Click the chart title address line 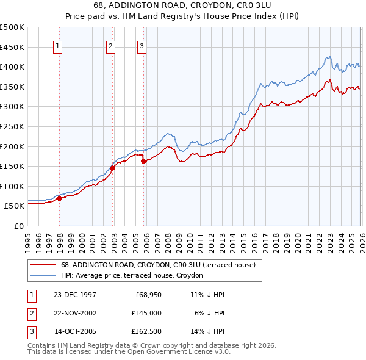[182, 5]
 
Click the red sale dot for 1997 [60, 198]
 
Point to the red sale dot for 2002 [113, 168]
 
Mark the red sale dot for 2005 [144, 161]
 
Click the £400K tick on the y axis [13, 67]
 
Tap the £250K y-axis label [13, 126]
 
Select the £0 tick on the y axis [18, 226]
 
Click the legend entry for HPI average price [135, 276]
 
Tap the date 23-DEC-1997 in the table [75, 295]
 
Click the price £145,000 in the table [146, 314]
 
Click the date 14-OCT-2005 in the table [75, 333]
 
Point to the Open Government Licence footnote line [129, 351]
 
